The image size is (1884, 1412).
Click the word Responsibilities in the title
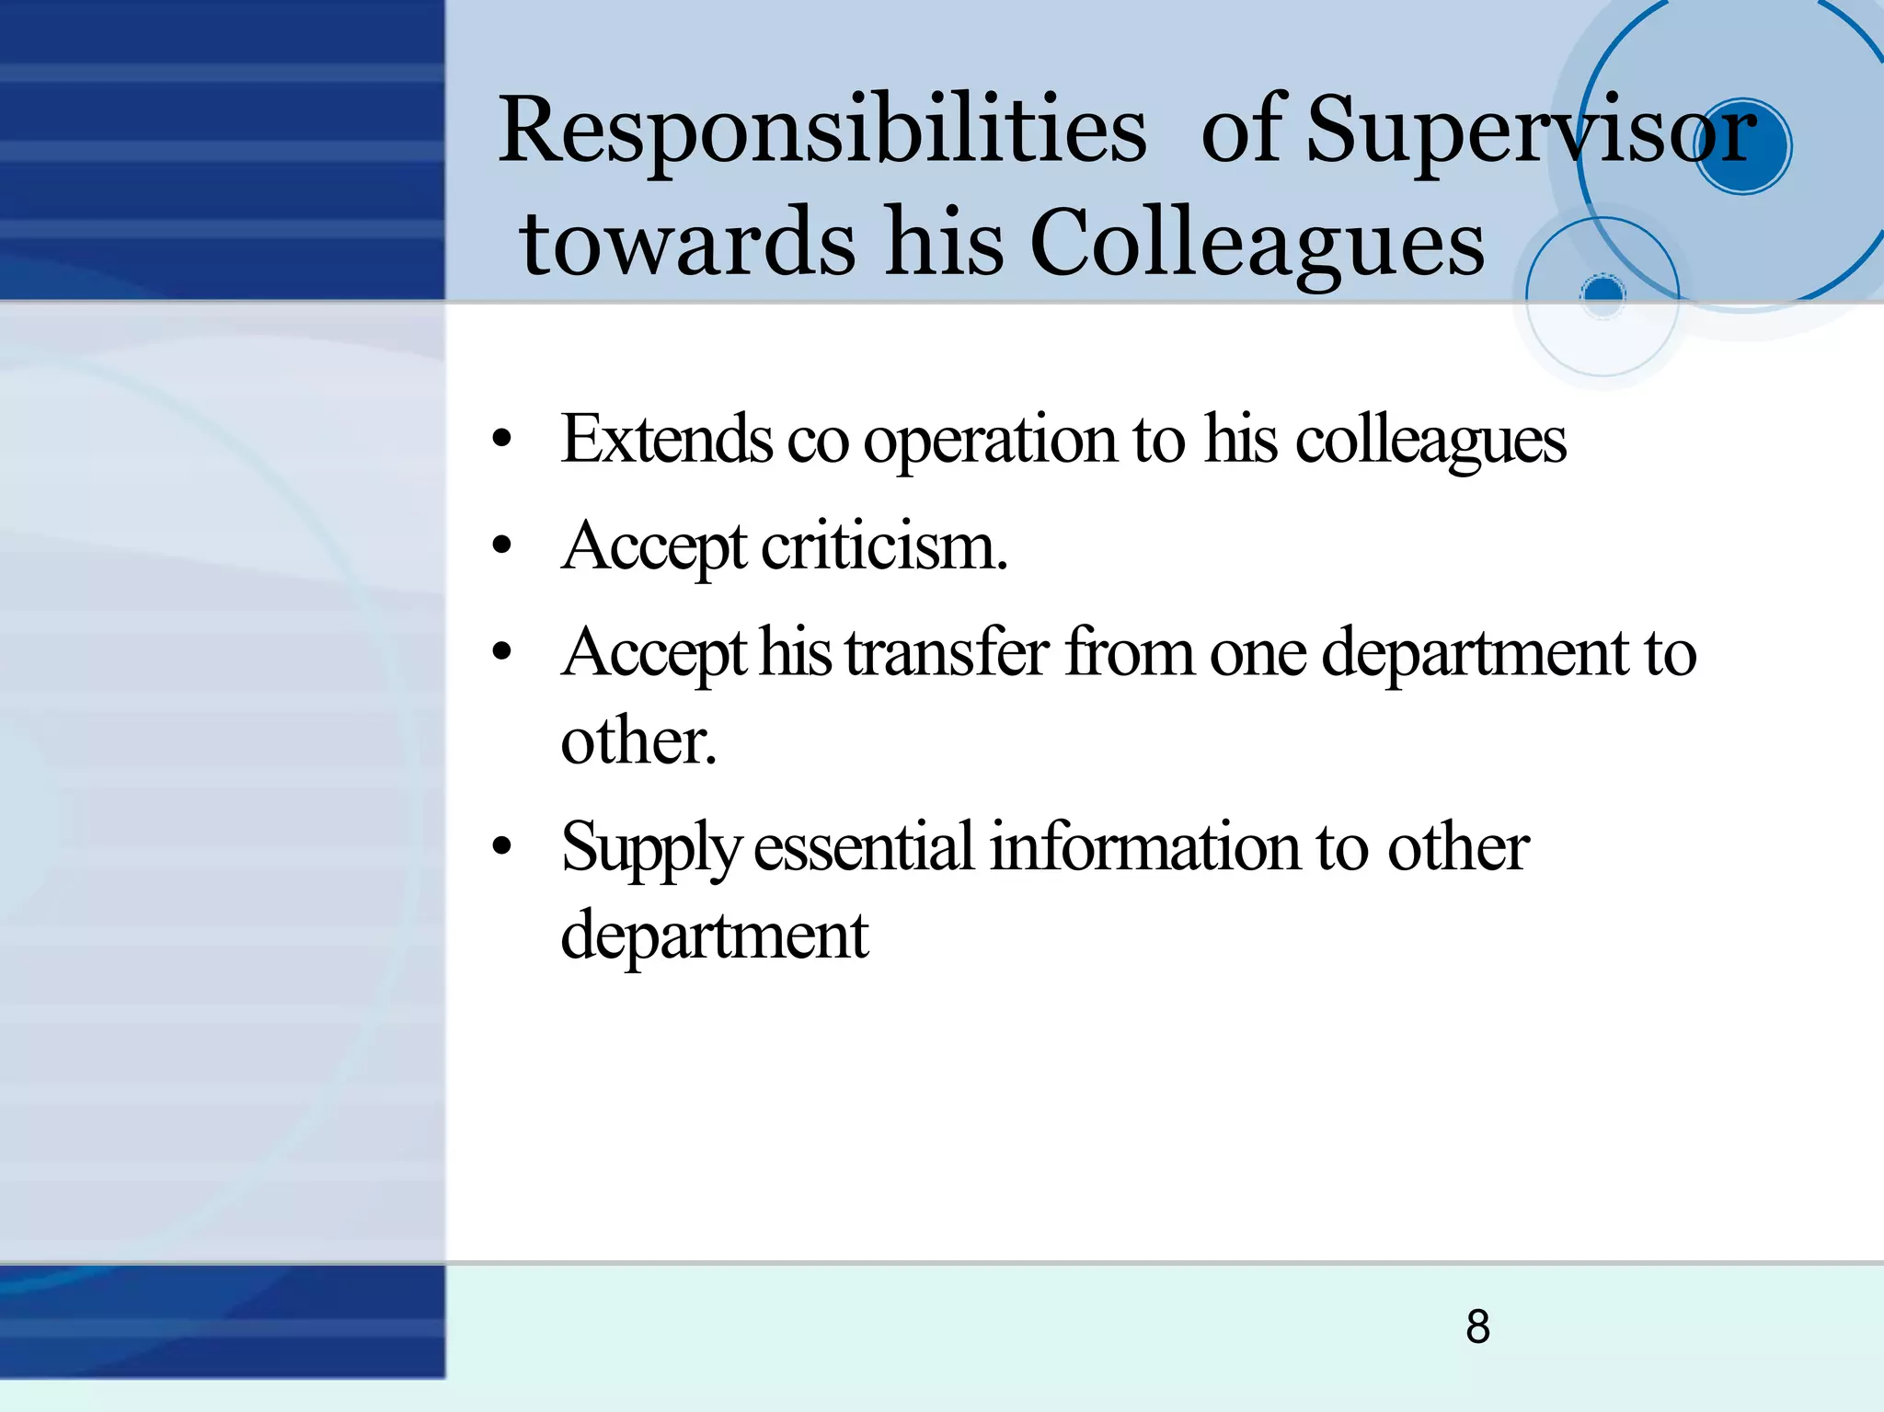pyautogui.click(x=821, y=131)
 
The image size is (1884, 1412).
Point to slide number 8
pyautogui.click(x=1477, y=1326)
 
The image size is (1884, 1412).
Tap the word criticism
pyautogui.click(x=884, y=546)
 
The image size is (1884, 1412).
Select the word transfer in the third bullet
pyautogui.click(x=947, y=653)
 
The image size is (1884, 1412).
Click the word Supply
pyautogui.click(x=650, y=848)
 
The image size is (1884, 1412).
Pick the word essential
pyautogui.click(x=863, y=846)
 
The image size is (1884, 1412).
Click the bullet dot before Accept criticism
pyautogui.click(x=501, y=546)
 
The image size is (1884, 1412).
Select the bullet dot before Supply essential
pyautogui.click(x=501, y=846)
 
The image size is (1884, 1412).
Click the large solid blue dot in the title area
pyautogui.click(x=1741, y=146)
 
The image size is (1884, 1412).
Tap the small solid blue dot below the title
pyautogui.click(x=1603, y=293)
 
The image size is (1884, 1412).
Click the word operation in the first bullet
pyautogui.click(x=990, y=442)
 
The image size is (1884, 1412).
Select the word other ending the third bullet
pyautogui.click(x=638, y=740)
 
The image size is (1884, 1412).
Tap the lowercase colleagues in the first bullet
pyautogui.click(x=1430, y=442)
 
